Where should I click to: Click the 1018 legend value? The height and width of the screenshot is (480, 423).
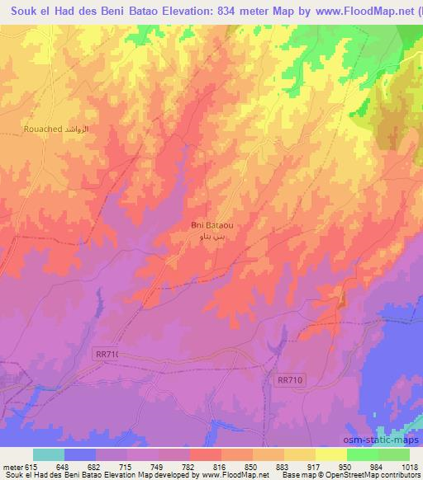click(x=409, y=466)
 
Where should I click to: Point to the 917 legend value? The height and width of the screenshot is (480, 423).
click(x=301, y=466)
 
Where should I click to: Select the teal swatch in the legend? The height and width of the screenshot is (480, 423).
click(x=49, y=454)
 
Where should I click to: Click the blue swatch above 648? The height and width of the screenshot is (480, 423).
click(x=80, y=454)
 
